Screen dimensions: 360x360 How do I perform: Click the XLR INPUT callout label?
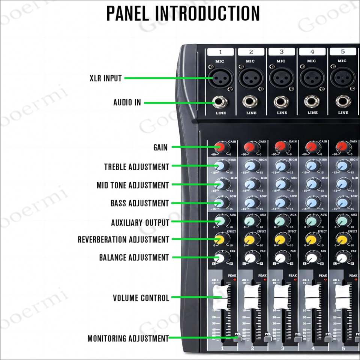click(106, 78)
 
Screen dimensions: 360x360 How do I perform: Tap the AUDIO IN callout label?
click(127, 102)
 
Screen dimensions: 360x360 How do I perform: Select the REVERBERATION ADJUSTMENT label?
click(123, 240)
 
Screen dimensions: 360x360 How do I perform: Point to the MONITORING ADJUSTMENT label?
click(128, 339)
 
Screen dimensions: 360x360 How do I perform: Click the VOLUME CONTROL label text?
click(141, 298)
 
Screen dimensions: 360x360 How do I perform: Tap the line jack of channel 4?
click(312, 101)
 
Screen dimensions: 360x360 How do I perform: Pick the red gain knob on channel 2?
click(250, 147)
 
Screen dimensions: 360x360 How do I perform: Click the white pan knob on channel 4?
click(311, 258)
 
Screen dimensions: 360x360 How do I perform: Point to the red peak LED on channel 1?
click(235, 280)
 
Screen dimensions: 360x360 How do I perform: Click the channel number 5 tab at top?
click(342, 52)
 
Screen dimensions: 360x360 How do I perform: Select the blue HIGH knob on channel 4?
click(311, 166)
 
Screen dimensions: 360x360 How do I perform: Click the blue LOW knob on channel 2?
click(250, 202)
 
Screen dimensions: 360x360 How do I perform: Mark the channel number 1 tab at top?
click(220, 52)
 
